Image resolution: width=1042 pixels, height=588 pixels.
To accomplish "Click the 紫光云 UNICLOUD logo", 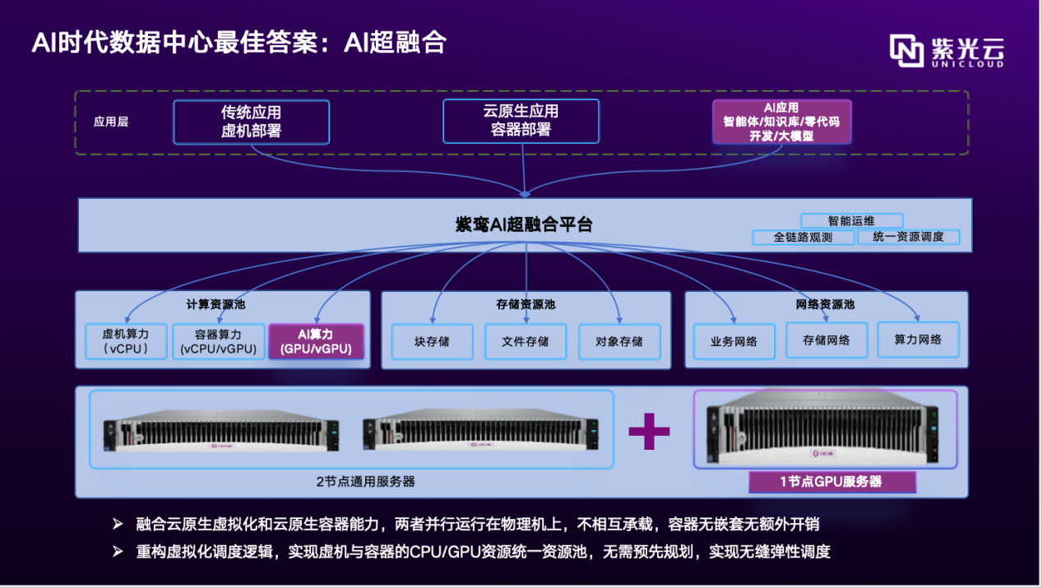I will [x=947, y=51].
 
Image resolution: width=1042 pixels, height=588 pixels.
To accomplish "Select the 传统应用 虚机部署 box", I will [x=251, y=122].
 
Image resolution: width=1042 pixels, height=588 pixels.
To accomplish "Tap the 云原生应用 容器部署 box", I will [x=521, y=121].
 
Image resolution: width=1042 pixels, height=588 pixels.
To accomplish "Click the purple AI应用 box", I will [x=781, y=122].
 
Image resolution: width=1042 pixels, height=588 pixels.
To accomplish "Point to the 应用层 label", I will [x=111, y=122].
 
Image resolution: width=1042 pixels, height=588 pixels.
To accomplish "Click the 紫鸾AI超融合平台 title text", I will [x=524, y=225].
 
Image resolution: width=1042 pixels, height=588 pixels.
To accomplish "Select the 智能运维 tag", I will [x=851, y=220].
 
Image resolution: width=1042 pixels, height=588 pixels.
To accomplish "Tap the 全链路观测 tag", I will [x=803, y=237].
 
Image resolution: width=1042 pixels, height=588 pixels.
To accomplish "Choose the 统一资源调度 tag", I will [x=908, y=237].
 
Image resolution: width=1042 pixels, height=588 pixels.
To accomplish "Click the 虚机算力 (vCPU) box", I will [x=124, y=341].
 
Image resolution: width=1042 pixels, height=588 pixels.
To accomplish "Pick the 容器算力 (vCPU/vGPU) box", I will [x=219, y=341].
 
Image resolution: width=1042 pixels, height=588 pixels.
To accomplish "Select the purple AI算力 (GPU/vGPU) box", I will [x=316, y=341].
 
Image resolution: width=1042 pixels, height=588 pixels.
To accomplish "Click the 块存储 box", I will [x=433, y=341].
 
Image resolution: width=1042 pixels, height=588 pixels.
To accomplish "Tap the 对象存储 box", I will [x=619, y=341].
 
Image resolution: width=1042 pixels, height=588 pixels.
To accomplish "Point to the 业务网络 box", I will [x=734, y=341].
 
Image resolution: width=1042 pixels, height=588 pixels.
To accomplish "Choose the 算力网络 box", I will [x=918, y=340].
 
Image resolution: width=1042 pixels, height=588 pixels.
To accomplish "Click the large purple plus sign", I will [x=649, y=430].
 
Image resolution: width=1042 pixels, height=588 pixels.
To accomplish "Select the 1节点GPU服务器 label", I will [x=831, y=481].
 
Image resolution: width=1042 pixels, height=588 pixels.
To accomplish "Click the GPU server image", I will [x=826, y=428].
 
